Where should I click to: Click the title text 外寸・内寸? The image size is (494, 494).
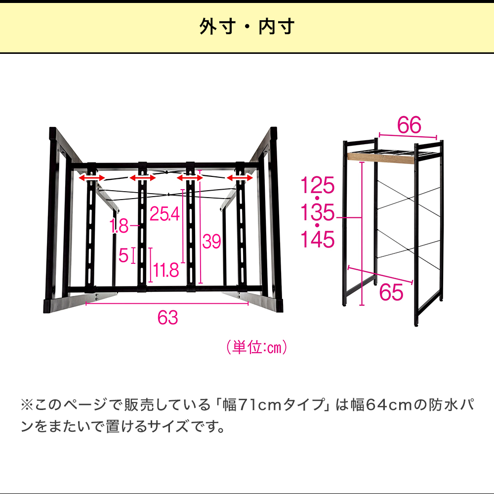[x=247, y=27]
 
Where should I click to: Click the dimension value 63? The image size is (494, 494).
[x=167, y=317]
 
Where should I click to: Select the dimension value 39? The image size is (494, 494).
[x=211, y=242]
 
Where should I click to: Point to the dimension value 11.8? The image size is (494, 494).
[x=166, y=270]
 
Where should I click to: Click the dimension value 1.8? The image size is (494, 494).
[x=119, y=226]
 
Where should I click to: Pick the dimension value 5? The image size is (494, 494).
[x=123, y=255]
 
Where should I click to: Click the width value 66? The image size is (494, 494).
[x=409, y=125]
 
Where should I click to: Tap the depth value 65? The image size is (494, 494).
[x=391, y=292]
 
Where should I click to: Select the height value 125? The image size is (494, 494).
[x=317, y=185]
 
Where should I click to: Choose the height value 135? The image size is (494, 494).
[x=317, y=212]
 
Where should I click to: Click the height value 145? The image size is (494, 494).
[x=317, y=239]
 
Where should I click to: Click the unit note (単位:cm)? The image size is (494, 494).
[x=257, y=347]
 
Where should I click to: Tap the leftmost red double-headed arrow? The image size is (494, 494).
[x=91, y=178]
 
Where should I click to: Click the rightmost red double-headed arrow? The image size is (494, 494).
[x=240, y=178]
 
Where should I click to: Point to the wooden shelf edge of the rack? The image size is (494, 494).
[x=380, y=159]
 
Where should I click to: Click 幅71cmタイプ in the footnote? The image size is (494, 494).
[x=274, y=405]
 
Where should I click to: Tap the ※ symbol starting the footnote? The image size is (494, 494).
[x=27, y=405]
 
